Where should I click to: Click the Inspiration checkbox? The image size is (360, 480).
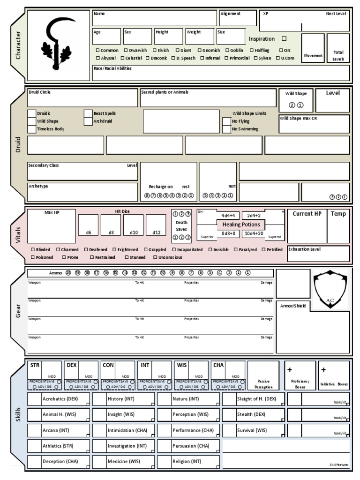coord(284,39)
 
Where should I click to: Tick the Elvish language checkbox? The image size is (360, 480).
coord(154,50)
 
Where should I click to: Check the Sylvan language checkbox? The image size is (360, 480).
coord(256,58)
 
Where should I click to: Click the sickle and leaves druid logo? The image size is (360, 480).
coord(58,45)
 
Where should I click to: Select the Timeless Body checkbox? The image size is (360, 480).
coord(32,129)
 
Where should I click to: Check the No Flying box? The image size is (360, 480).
coord(226,121)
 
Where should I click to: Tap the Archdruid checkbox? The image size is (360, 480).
coord(88,121)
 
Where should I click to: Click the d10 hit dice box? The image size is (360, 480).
coord(133,225)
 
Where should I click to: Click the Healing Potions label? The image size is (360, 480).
coord(241,225)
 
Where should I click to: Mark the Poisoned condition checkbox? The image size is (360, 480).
coord(33,257)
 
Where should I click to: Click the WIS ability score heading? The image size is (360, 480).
coord(181,365)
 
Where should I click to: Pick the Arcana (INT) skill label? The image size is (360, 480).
coord(56,430)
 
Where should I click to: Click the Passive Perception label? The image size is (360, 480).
coord(263,384)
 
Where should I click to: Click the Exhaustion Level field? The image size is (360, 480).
coord(318,254)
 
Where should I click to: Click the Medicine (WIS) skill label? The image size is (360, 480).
coord(124,461)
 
